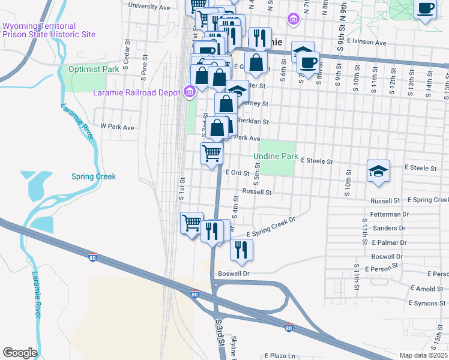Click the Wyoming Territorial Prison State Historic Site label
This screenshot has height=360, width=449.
click(49, 30)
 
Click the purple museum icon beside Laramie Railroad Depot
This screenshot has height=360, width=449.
click(190, 92)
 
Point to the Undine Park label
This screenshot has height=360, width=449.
click(276, 156)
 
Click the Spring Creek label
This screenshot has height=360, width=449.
click(93, 176)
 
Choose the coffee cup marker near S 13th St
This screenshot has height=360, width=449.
click(426, 10)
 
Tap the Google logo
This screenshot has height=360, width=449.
click(19, 353)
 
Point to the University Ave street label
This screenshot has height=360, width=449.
click(149, 7)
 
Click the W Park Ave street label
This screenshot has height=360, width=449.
click(117, 127)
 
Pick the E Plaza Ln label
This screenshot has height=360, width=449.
click(279, 355)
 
